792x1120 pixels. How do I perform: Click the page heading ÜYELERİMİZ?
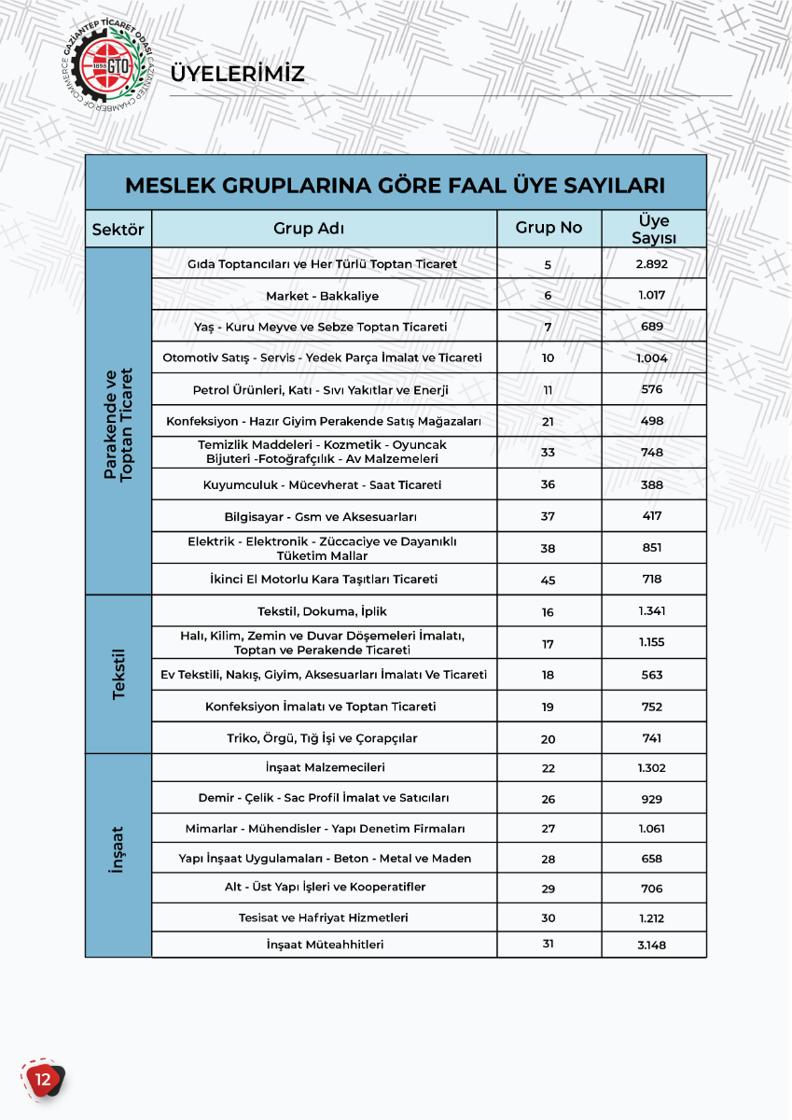click(x=238, y=74)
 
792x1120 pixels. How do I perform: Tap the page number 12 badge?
click(x=42, y=1079)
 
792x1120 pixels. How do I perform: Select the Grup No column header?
click(x=549, y=229)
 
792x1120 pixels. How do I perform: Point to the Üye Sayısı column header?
click(x=653, y=229)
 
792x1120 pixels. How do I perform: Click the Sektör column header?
click(x=118, y=229)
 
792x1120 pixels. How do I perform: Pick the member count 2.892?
click(x=652, y=264)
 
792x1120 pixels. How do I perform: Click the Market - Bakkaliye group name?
click(x=322, y=296)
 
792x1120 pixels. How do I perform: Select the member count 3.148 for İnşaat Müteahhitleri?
click(x=652, y=945)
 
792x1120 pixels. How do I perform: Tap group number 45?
click(x=548, y=580)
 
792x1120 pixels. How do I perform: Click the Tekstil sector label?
click(x=118, y=675)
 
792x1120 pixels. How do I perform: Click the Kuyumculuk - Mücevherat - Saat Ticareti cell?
click(x=322, y=485)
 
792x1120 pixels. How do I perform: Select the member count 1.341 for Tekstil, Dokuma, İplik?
click(x=652, y=611)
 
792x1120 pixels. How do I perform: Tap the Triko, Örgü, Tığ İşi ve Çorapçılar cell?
click(x=322, y=738)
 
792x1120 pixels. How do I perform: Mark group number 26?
click(x=548, y=799)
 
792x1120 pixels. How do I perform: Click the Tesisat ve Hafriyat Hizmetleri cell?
click(x=323, y=917)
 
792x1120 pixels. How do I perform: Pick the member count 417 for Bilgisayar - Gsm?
click(x=652, y=516)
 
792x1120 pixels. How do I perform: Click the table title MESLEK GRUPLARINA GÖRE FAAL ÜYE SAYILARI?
click(x=395, y=184)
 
